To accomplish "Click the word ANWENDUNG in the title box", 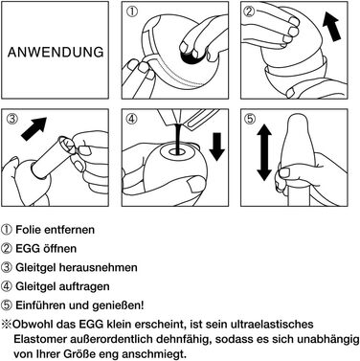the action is (x=56, y=52).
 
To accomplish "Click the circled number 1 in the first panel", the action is (x=131, y=11).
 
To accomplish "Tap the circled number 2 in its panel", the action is (x=249, y=11).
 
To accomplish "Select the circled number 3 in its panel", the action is (x=11, y=119).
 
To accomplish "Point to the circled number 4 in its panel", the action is (x=131, y=119).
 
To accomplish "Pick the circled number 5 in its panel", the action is (x=249, y=119).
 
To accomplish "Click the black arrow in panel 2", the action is (x=331, y=26).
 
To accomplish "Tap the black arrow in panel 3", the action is (x=34, y=128).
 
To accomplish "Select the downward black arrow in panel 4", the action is (x=217, y=147).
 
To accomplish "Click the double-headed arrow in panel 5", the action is (x=263, y=153).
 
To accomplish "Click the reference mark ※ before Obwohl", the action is (x=6, y=325).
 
